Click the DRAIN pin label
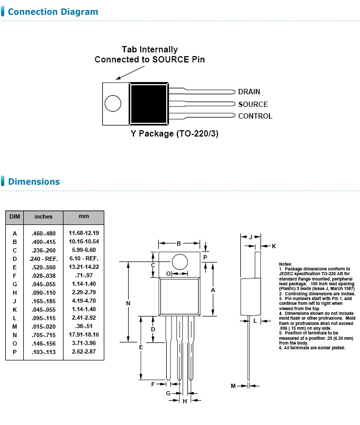click(249, 92)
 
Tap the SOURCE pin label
click(253, 104)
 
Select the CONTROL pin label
click(255, 116)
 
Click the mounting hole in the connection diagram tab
click(113, 103)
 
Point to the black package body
click(149, 103)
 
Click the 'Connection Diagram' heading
click(53, 12)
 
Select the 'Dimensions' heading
click(34, 182)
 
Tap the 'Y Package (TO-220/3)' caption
click(175, 133)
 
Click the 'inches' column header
click(43, 216)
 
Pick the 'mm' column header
click(84, 216)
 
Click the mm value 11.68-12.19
click(84, 233)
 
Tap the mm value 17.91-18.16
click(84, 334)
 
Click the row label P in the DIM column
click(15, 351)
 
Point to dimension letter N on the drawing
click(128, 303)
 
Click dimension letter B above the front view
click(179, 243)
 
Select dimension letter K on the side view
click(274, 247)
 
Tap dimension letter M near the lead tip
click(233, 386)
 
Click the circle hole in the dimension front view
click(180, 262)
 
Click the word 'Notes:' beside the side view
click(285, 264)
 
